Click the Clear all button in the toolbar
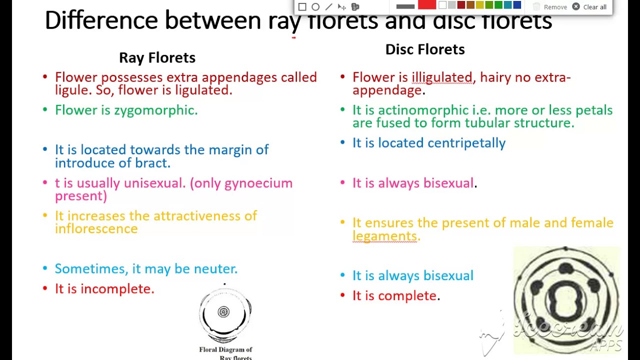590,7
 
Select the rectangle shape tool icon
302,7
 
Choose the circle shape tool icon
315,7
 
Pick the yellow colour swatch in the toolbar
479,5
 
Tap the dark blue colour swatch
517,5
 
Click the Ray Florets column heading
157,58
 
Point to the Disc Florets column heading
425,49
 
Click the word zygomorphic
155,110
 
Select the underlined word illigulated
441,77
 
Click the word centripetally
466,143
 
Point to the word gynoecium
258,183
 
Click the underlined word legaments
385,236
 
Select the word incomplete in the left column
117,289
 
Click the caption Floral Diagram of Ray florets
226,353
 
